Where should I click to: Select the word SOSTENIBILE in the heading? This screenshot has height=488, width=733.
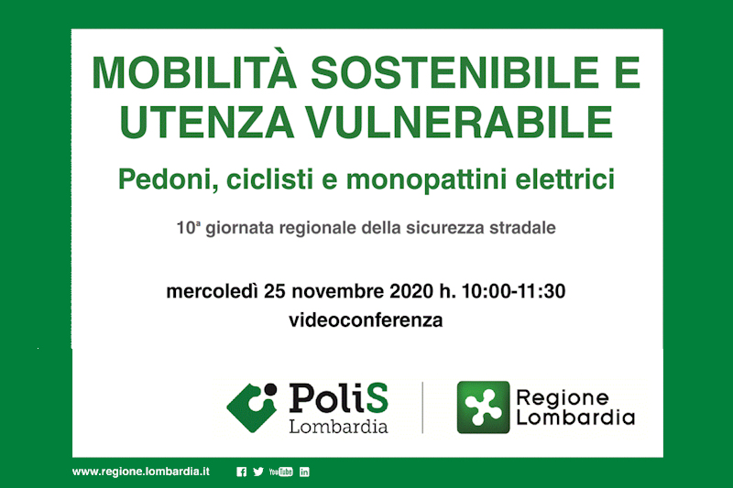(x=454, y=72)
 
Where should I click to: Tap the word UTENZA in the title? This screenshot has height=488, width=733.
(x=207, y=123)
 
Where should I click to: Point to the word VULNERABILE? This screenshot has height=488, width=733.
(x=459, y=123)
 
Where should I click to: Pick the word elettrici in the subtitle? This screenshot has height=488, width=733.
(x=564, y=179)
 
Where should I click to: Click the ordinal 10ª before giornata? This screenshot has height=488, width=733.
(x=189, y=228)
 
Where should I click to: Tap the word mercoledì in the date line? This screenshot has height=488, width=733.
(x=212, y=291)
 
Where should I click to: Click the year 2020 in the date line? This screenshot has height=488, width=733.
(x=411, y=291)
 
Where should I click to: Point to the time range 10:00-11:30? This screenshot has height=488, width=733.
(x=513, y=291)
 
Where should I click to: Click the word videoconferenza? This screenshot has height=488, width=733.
(x=366, y=320)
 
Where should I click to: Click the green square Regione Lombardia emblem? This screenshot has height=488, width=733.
(x=483, y=407)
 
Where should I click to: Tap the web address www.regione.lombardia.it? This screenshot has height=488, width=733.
(x=141, y=472)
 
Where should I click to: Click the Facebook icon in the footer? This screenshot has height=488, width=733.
(x=241, y=472)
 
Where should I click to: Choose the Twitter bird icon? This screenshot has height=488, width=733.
(x=258, y=472)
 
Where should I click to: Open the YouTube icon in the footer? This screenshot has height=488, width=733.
(x=281, y=472)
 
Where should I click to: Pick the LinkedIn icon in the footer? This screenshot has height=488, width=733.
(x=304, y=472)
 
